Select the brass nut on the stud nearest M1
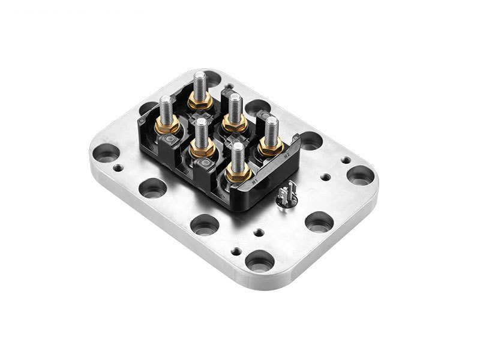pyautogui.click(x=238, y=172)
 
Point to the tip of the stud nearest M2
pyautogui.click(x=272, y=120)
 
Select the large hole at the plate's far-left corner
pyautogui.click(x=106, y=153)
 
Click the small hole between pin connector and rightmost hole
pyautogui.click(x=325, y=178)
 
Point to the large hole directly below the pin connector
pyautogui.click(x=319, y=221)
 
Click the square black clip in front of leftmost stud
pyautogui.click(x=170, y=142)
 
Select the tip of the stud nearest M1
pyautogui.click(x=238, y=148)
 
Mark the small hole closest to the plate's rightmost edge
pyautogui.click(x=346, y=160)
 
